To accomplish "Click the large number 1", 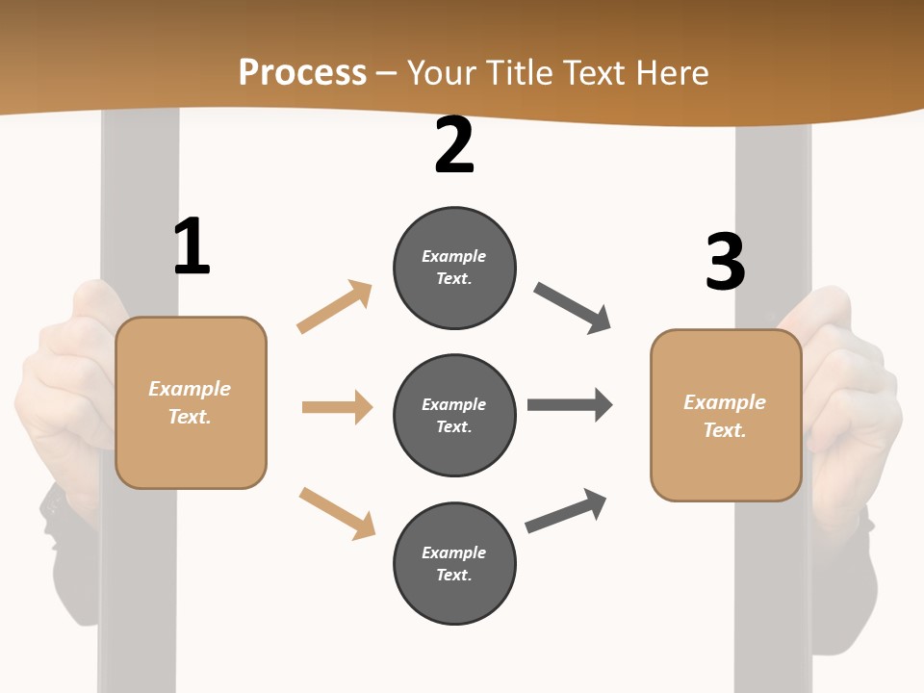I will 192,247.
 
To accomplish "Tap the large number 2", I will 454,146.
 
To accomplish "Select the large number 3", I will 725,262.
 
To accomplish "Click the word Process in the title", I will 302,72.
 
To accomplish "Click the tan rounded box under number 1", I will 191,402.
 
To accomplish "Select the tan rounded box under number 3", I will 726,416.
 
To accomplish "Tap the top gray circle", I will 454,268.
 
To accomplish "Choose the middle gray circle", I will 454,415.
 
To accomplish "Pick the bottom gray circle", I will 454,563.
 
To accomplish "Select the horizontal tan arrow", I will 337,407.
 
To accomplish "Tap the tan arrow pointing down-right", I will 337,512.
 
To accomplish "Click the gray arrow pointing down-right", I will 573,308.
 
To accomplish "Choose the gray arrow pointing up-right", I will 567,510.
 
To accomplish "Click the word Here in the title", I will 672,72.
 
